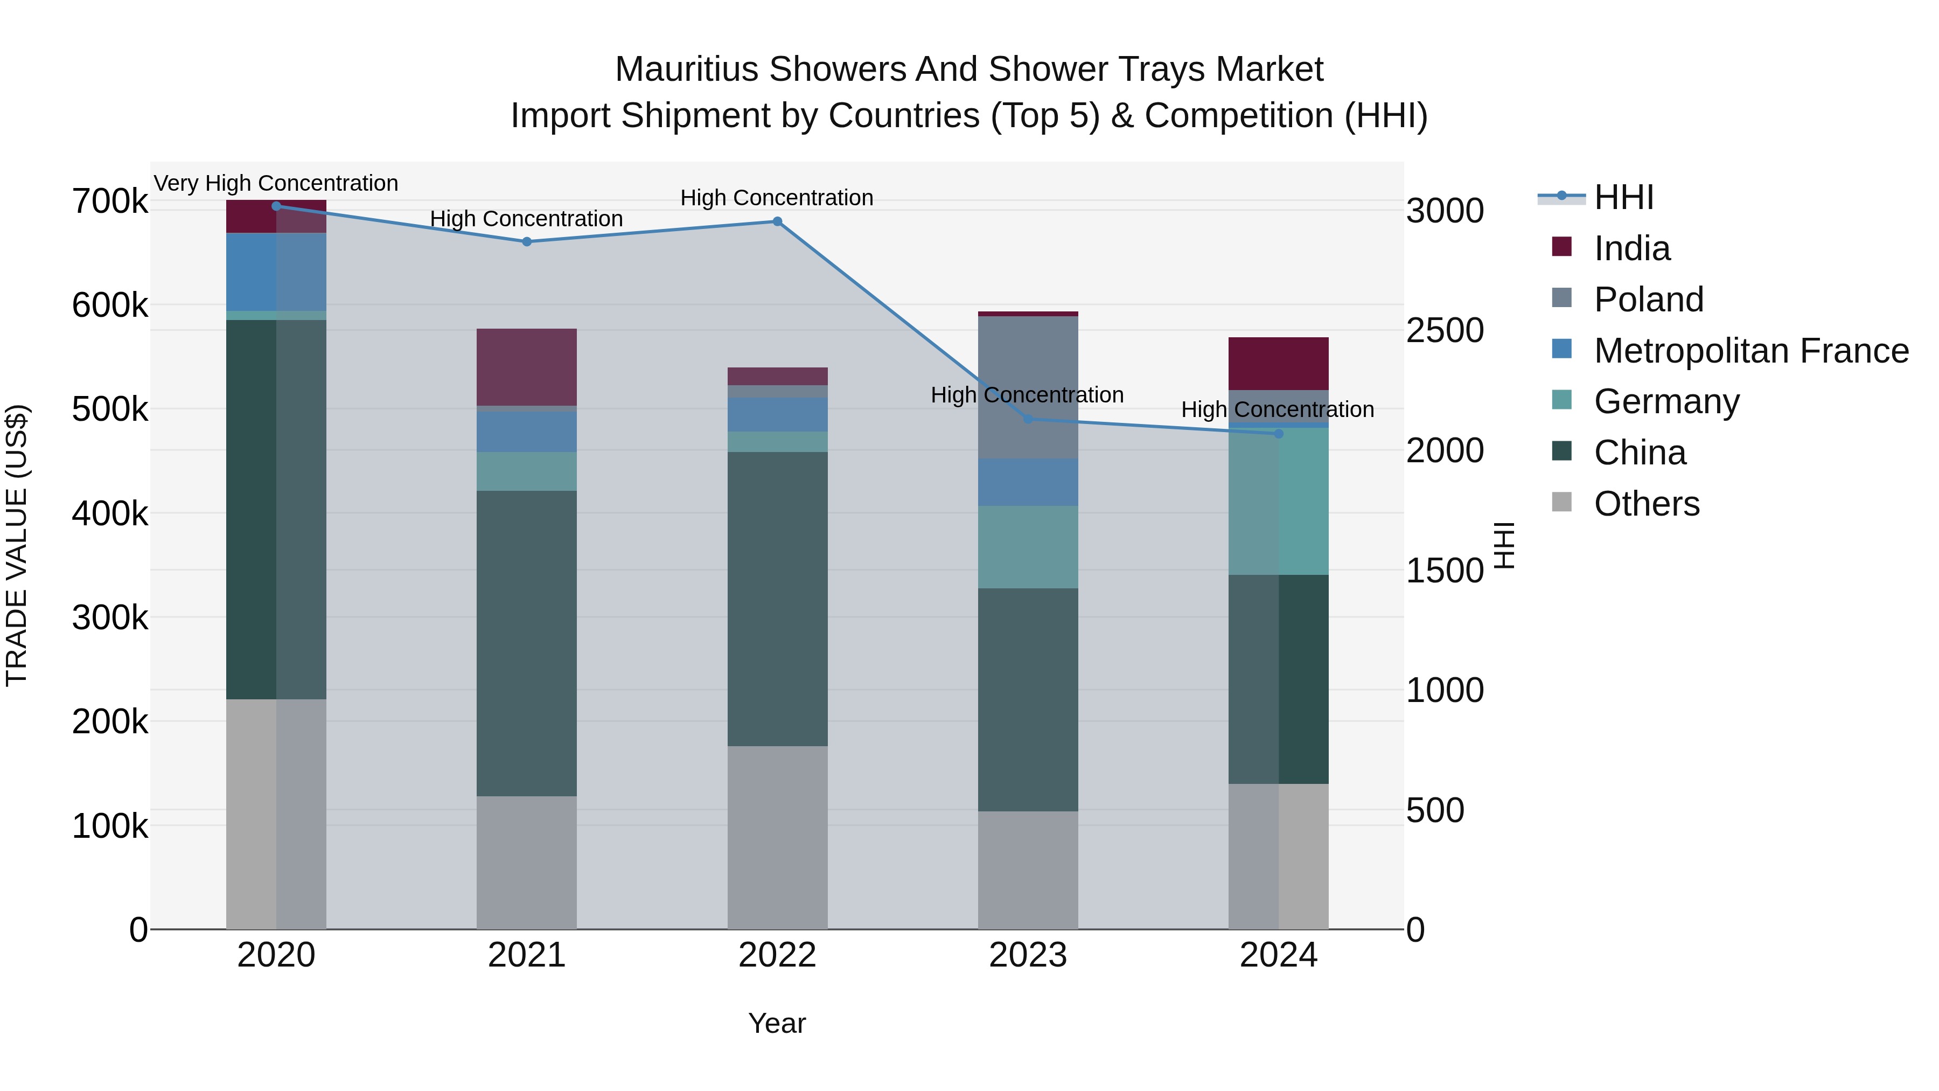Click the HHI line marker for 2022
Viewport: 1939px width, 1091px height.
778,221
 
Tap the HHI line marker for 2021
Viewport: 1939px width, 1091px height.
527,242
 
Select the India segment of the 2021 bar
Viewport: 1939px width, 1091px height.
527,367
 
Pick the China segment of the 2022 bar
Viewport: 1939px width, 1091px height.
778,599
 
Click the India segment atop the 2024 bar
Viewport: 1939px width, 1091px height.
1278,363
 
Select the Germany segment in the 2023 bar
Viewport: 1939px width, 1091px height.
1028,547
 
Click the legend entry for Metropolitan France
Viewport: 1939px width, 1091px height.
1751,351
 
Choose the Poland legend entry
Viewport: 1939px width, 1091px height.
1649,300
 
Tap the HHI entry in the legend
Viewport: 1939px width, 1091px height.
1623,197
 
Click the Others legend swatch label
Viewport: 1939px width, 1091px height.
1646,504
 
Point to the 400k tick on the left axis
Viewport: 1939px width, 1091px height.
110,515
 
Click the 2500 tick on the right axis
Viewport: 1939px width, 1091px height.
1445,331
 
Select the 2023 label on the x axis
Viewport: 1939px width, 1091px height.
1028,955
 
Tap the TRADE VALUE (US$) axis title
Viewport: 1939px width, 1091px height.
17,545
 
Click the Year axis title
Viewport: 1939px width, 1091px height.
777,1023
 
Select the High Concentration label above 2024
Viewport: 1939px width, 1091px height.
1278,409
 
